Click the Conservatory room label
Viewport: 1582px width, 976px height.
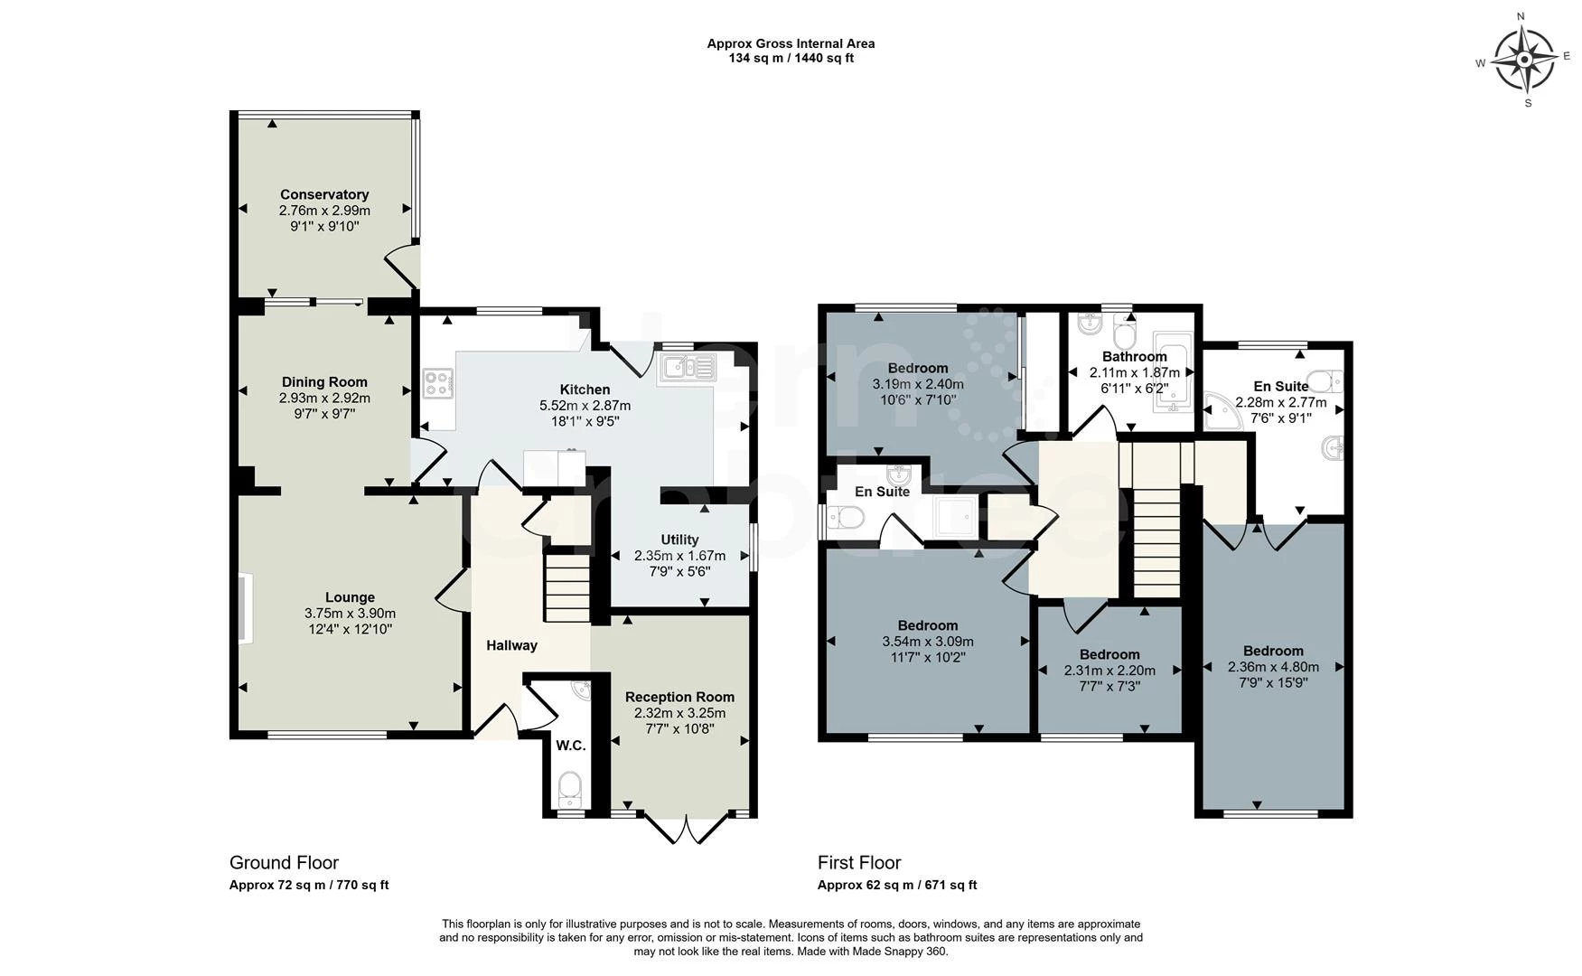(x=323, y=194)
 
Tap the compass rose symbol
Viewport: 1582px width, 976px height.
(x=1525, y=61)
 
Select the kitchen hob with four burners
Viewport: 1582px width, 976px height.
(x=438, y=383)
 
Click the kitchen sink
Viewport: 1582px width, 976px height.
(x=688, y=367)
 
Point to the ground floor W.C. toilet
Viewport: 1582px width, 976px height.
(x=569, y=789)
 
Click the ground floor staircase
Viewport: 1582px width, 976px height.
(x=566, y=588)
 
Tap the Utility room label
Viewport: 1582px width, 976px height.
(x=679, y=540)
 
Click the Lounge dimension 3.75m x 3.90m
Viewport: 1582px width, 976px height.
(x=350, y=613)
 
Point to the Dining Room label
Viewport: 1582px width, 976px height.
(x=323, y=381)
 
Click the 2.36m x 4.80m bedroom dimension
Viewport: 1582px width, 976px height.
(x=1272, y=667)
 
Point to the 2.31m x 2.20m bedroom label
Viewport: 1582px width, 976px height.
(x=1109, y=654)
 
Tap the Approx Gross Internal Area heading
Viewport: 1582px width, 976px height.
(x=790, y=43)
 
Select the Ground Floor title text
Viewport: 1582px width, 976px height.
(x=284, y=862)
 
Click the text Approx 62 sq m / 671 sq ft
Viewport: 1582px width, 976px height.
(x=896, y=885)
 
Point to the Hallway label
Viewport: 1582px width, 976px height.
(x=511, y=645)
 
